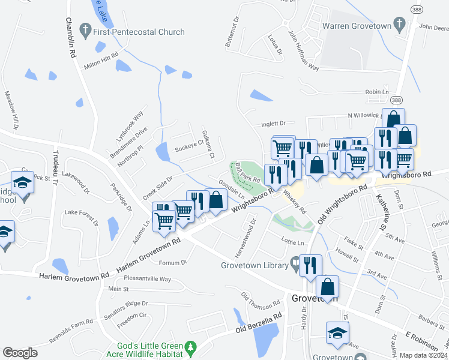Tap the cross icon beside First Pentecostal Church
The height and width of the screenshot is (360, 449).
pyautogui.click(x=86, y=29)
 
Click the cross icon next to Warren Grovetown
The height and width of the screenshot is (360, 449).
pyautogui.click(x=398, y=25)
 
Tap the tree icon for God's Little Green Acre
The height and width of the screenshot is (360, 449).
pyautogui.click(x=191, y=347)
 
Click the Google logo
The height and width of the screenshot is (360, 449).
pyautogui.click(x=20, y=353)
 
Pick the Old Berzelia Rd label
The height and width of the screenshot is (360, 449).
pyautogui.click(x=258, y=323)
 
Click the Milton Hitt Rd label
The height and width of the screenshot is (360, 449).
pyautogui.click(x=101, y=57)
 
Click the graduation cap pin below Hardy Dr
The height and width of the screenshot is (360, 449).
pyautogui.click(x=337, y=333)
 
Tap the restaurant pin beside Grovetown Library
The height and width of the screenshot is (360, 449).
pyautogui.click(x=310, y=266)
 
